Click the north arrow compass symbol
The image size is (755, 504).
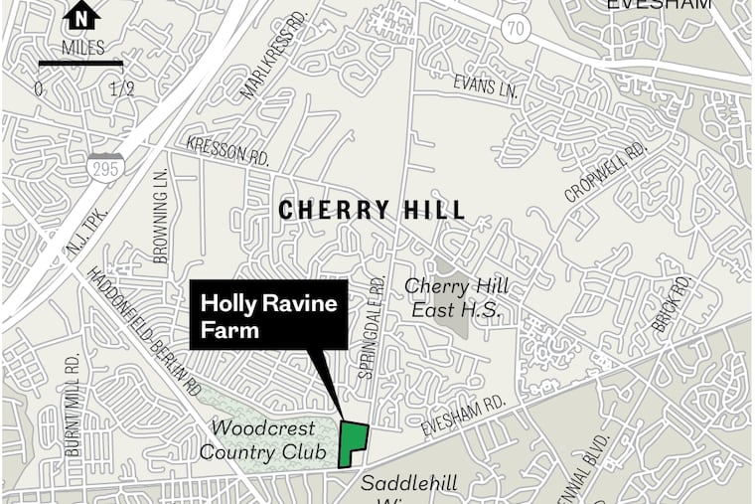[80, 18]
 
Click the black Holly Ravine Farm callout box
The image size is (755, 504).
[269, 315]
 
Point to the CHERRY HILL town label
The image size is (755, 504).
[372, 211]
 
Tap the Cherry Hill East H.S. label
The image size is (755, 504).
[456, 298]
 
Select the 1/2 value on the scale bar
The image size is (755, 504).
[122, 88]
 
